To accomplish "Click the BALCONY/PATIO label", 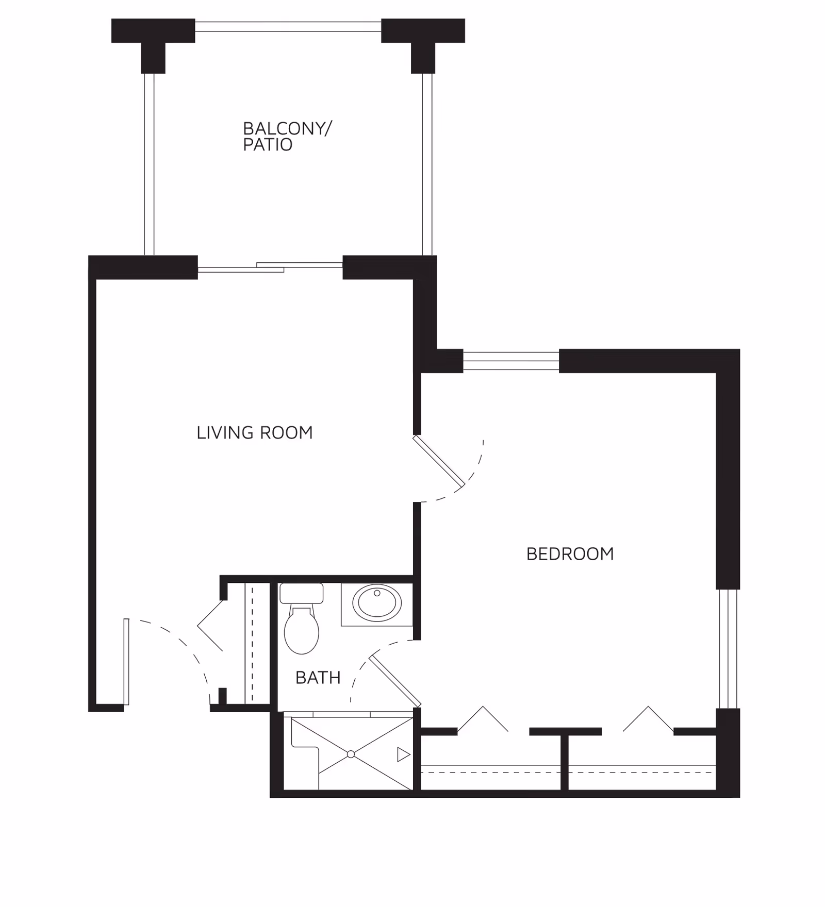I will click(x=287, y=136).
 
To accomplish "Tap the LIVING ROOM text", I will click(x=254, y=433).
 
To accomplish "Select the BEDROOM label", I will click(x=570, y=554).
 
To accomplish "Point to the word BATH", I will click(x=318, y=678).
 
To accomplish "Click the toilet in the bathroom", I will click(x=302, y=630).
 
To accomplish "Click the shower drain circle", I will click(x=351, y=754).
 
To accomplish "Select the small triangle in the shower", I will click(x=403, y=755).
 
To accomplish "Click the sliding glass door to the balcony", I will click(x=270, y=267).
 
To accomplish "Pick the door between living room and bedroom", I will click(x=439, y=461).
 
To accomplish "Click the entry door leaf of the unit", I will click(x=126, y=662).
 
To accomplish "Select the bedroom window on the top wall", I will click(x=511, y=361).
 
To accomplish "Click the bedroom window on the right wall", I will click(x=728, y=649).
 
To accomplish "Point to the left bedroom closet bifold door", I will click(x=483, y=718).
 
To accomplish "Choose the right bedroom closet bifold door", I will click(x=648, y=718).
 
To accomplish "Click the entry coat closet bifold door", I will click(x=210, y=626).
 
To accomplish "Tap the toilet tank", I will click(x=301, y=593).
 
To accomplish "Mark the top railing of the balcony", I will click(x=288, y=26).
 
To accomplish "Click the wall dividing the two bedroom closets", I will click(x=564, y=762).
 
